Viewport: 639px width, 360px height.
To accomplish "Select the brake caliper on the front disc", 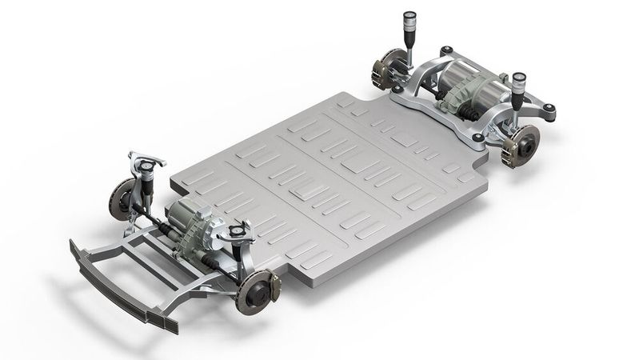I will coord(270,286).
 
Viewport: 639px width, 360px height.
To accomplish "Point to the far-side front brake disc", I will coord(123,195).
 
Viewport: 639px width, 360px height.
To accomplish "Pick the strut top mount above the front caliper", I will coord(237,233).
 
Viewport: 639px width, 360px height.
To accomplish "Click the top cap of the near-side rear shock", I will coord(520,78).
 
